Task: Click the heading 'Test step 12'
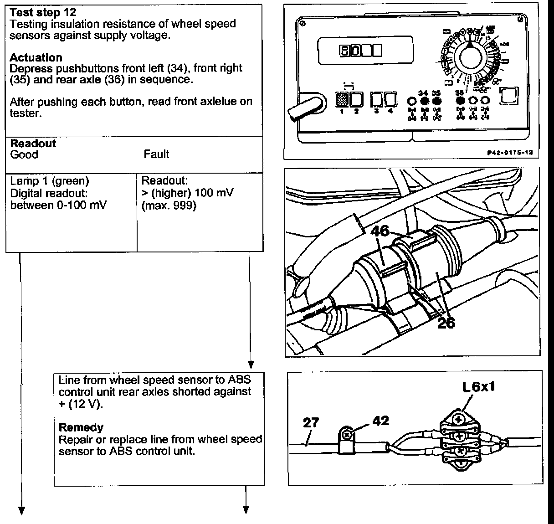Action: [x=43, y=12]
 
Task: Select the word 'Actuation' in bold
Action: [x=36, y=57]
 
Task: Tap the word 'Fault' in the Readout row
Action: [x=156, y=154]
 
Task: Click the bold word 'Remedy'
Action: [x=81, y=427]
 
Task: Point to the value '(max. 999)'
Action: [x=169, y=205]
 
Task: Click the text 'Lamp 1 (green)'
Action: [x=50, y=181]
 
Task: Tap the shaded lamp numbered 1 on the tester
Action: [x=342, y=99]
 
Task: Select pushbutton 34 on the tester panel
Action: [x=424, y=101]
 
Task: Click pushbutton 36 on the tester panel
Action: [x=460, y=101]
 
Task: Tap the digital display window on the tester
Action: [x=365, y=50]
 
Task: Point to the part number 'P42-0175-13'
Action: [x=509, y=153]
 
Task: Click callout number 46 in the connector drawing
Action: [x=380, y=231]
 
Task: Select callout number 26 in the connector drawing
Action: [x=446, y=323]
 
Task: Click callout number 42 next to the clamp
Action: [x=380, y=420]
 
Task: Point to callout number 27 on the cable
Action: [x=311, y=422]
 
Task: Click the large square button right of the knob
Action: [x=508, y=96]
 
